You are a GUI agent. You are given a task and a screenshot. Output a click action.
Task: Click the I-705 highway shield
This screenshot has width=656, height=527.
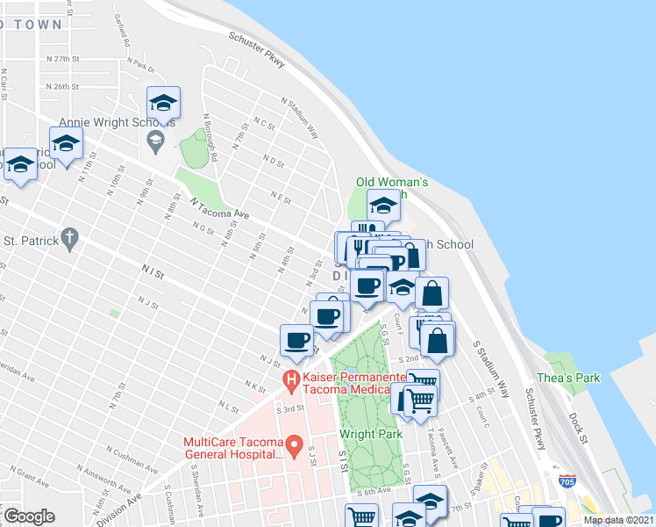pos(567,480)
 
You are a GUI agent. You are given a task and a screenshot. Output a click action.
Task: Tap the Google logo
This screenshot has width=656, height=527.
pos(28,516)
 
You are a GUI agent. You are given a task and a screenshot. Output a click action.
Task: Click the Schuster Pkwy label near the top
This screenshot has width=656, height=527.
pos(259,49)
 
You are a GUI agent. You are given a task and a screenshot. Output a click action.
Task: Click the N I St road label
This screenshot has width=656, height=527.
pos(151,274)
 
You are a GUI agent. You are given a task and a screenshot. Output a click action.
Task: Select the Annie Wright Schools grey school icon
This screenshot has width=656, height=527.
pos(155,139)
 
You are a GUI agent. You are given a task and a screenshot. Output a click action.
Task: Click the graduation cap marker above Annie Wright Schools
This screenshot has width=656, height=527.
pos(164,104)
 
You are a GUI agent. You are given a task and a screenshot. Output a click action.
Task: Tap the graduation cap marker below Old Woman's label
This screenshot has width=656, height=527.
pos(382,206)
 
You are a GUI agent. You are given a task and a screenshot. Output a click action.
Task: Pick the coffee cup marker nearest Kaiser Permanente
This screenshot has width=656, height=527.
pos(296,340)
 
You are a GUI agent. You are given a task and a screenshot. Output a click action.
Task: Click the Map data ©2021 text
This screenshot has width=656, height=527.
pos(618,520)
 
